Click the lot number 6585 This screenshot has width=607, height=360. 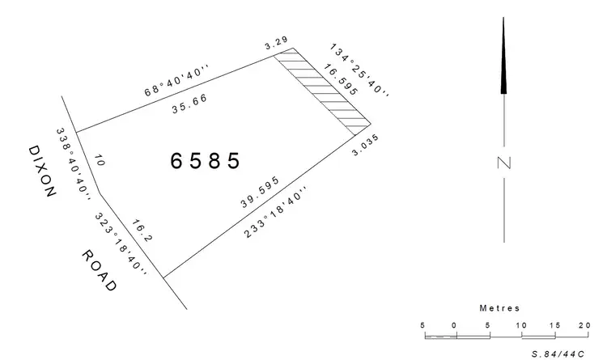point(206,160)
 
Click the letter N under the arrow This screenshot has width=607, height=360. point(504,163)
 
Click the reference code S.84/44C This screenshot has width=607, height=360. point(558,353)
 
